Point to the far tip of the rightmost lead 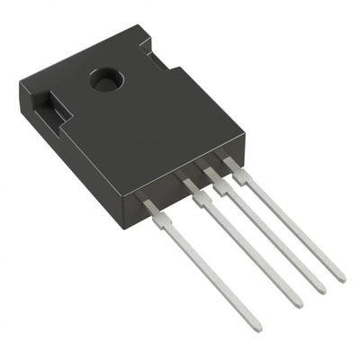coord(339,277)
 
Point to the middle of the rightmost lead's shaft coord(288,223)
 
